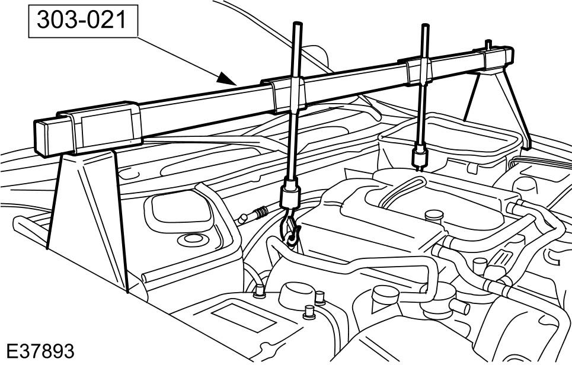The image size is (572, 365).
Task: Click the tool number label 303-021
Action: [82, 20]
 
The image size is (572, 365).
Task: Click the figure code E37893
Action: [40, 351]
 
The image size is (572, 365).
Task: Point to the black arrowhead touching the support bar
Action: [226, 79]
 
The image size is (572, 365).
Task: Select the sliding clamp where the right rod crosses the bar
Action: [419, 71]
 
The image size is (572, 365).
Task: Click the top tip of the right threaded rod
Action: [425, 25]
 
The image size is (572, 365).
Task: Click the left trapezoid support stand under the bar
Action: [88, 219]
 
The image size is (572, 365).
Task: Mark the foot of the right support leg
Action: [526, 146]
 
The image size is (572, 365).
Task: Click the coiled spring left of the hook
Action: [261, 212]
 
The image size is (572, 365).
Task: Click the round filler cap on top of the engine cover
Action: [434, 216]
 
